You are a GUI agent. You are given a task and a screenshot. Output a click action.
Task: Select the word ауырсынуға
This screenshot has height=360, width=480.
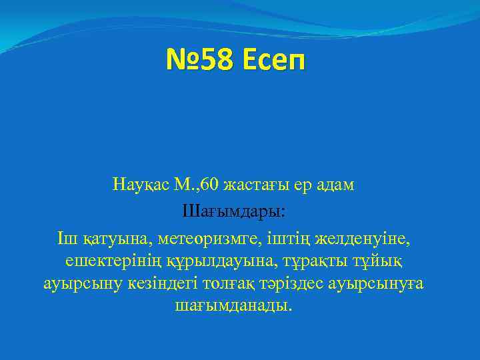point(386,285)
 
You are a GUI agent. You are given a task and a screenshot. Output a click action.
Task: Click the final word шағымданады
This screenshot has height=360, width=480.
point(233,307)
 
